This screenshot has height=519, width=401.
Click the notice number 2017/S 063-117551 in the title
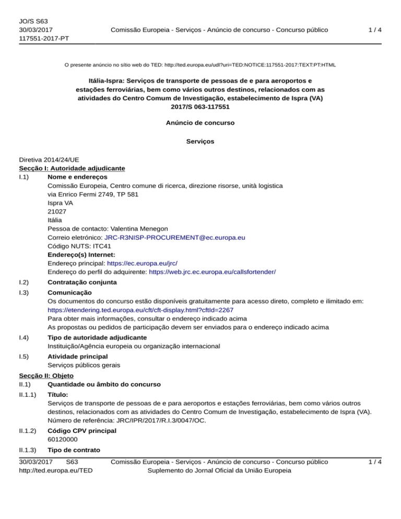click(x=200, y=107)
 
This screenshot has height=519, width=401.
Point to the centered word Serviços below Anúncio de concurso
click(x=200, y=141)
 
